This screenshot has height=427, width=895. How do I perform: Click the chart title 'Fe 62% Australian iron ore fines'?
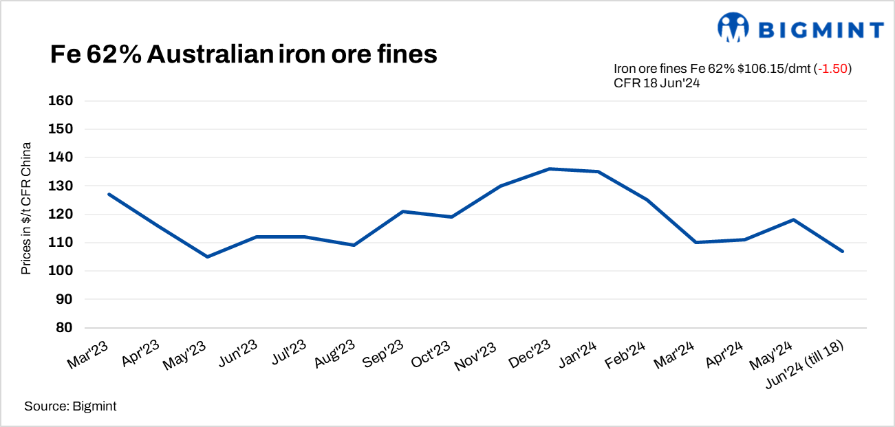[x=244, y=55]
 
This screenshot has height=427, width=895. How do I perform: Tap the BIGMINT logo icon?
[x=733, y=28]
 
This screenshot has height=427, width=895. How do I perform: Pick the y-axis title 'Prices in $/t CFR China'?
[x=26, y=208]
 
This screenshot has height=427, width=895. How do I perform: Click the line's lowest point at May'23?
[x=208, y=256]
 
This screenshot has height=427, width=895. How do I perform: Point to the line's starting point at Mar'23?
[x=109, y=194]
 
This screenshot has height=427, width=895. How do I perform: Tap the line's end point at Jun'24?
[x=843, y=251]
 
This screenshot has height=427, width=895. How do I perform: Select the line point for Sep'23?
[x=403, y=211]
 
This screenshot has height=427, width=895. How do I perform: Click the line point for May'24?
[x=794, y=219]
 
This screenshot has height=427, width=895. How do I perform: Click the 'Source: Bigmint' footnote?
[x=70, y=406]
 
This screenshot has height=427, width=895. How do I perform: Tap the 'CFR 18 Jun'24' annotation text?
[x=657, y=83]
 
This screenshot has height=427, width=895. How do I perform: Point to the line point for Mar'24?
[x=696, y=242]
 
